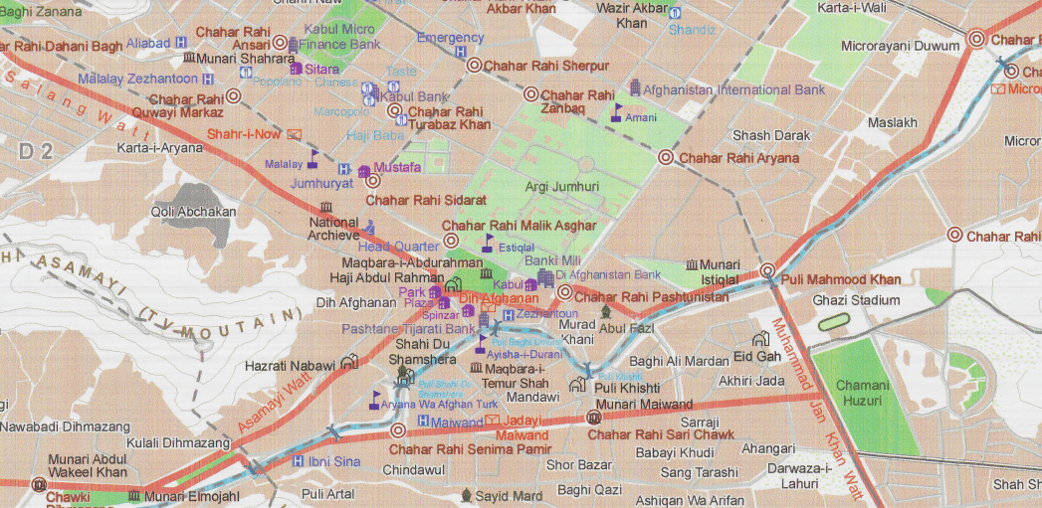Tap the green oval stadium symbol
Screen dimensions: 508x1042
tap(834, 322)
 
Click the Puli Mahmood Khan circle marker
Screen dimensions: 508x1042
tap(767, 270)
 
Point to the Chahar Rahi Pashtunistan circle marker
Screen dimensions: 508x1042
tap(564, 292)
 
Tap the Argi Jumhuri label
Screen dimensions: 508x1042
tap(561, 186)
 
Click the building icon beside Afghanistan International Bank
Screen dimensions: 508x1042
tap(633, 89)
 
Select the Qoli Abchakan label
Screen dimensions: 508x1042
tap(193, 211)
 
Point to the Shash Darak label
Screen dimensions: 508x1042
tap(770, 135)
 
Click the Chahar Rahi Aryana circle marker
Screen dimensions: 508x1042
tap(665, 157)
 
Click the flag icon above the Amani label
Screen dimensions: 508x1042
tap(617, 109)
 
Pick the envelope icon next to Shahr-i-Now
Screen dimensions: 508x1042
tap(294, 134)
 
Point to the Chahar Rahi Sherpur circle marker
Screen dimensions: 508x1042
tap(475, 66)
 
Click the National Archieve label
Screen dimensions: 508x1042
tap(333, 229)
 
